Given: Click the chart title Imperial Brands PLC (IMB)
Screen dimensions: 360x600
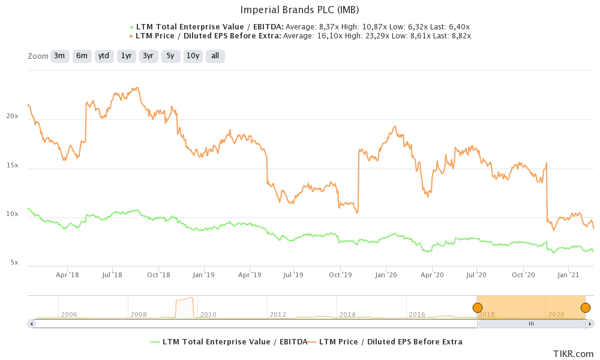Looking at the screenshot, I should pyautogui.click(x=300, y=10).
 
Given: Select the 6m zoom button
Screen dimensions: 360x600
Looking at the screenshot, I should pyautogui.click(x=82, y=56).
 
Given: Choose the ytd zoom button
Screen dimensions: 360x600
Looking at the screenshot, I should pyautogui.click(x=104, y=56).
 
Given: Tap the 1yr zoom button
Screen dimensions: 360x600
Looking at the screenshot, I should pyautogui.click(x=126, y=56).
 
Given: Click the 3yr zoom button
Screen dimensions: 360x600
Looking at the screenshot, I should pyautogui.click(x=148, y=56).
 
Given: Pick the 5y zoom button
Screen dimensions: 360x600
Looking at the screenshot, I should pyautogui.click(x=170, y=56).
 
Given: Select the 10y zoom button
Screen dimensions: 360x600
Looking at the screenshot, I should pyautogui.click(x=193, y=56).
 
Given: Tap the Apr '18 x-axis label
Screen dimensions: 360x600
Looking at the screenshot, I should pyautogui.click(x=67, y=275).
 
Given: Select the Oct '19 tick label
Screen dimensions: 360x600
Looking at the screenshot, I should pyautogui.click(x=340, y=275).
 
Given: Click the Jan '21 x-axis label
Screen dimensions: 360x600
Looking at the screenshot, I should pyautogui.click(x=568, y=275).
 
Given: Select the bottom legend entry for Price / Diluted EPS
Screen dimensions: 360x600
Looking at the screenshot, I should pyautogui.click(x=391, y=342).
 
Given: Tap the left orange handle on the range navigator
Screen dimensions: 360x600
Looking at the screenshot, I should pyautogui.click(x=478, y=308).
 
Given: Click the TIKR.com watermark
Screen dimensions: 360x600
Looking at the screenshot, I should pyautogui.click(x=574, y=354).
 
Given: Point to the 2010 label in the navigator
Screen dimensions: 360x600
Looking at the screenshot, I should pyautogui.click(x=208, y=314).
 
